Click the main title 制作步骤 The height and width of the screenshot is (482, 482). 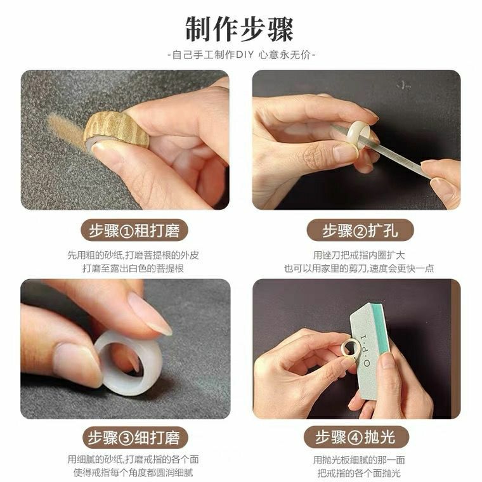[x=240, y=29]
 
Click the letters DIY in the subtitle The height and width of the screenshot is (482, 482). [x=245, y=55]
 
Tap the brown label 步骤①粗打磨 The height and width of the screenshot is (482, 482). [x=134, y=230]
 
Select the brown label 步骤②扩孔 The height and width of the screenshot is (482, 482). [x=360, y=230]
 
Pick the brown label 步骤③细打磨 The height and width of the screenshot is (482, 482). [x=134, y=438]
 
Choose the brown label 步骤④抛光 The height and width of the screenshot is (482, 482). [x=356, y=437]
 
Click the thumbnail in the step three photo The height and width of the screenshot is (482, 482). [x=77, y=363]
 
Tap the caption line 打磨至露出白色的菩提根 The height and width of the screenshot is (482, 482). [x=133, y=268]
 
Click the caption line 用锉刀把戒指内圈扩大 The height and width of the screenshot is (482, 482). [x=359, y=255]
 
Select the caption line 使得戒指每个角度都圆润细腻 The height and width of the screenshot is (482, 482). [x=133, y=472]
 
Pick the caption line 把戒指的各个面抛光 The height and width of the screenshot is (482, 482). [x=359, y=472]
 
